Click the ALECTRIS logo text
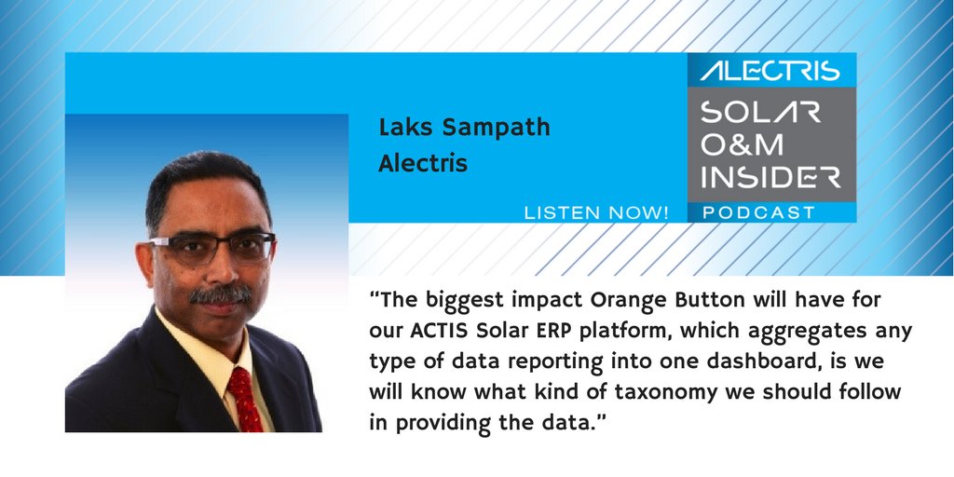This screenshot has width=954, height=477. pyautogui.click(x=770, y=71)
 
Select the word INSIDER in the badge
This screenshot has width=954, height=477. pyautogui.click(x=770, y=177)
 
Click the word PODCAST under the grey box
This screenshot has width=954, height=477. pyautogui.click(x=758, y=213)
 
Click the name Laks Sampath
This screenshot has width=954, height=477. pyautogui.click(x=464, y=128)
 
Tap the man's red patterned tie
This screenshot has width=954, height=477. pyautogui.click(x=243, y=396)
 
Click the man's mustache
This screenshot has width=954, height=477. pyautogui.click(x=221, y=296)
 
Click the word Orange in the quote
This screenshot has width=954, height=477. pyautogui.click(x=631, y=301)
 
